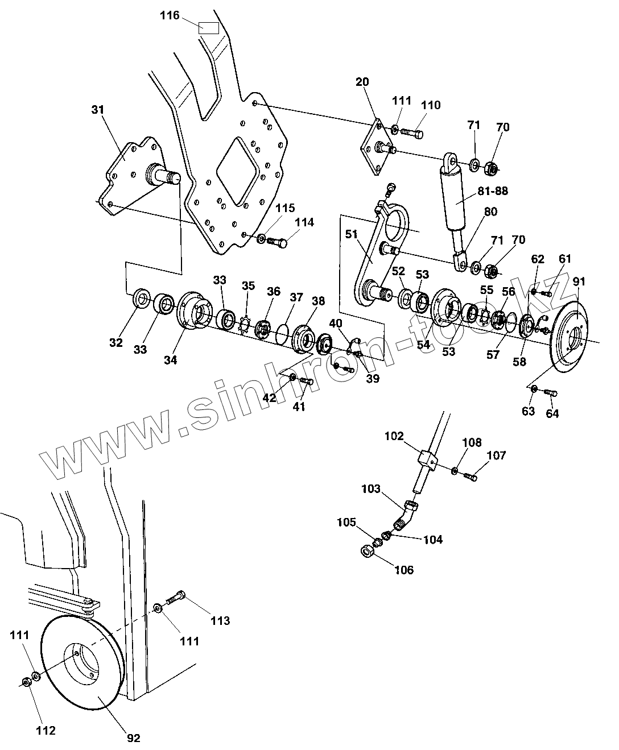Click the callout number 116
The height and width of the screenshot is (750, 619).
coord(170,16)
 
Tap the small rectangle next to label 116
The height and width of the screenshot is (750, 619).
coord(208,27)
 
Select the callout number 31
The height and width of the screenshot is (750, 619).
coord(98,110)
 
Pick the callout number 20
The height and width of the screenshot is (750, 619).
coord(362,82)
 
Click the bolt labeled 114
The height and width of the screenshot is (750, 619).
coord(277,242)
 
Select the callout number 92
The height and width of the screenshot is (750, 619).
coord(133,738)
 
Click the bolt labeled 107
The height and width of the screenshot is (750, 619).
coord(469,475)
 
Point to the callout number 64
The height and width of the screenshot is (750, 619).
coord(552,413)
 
